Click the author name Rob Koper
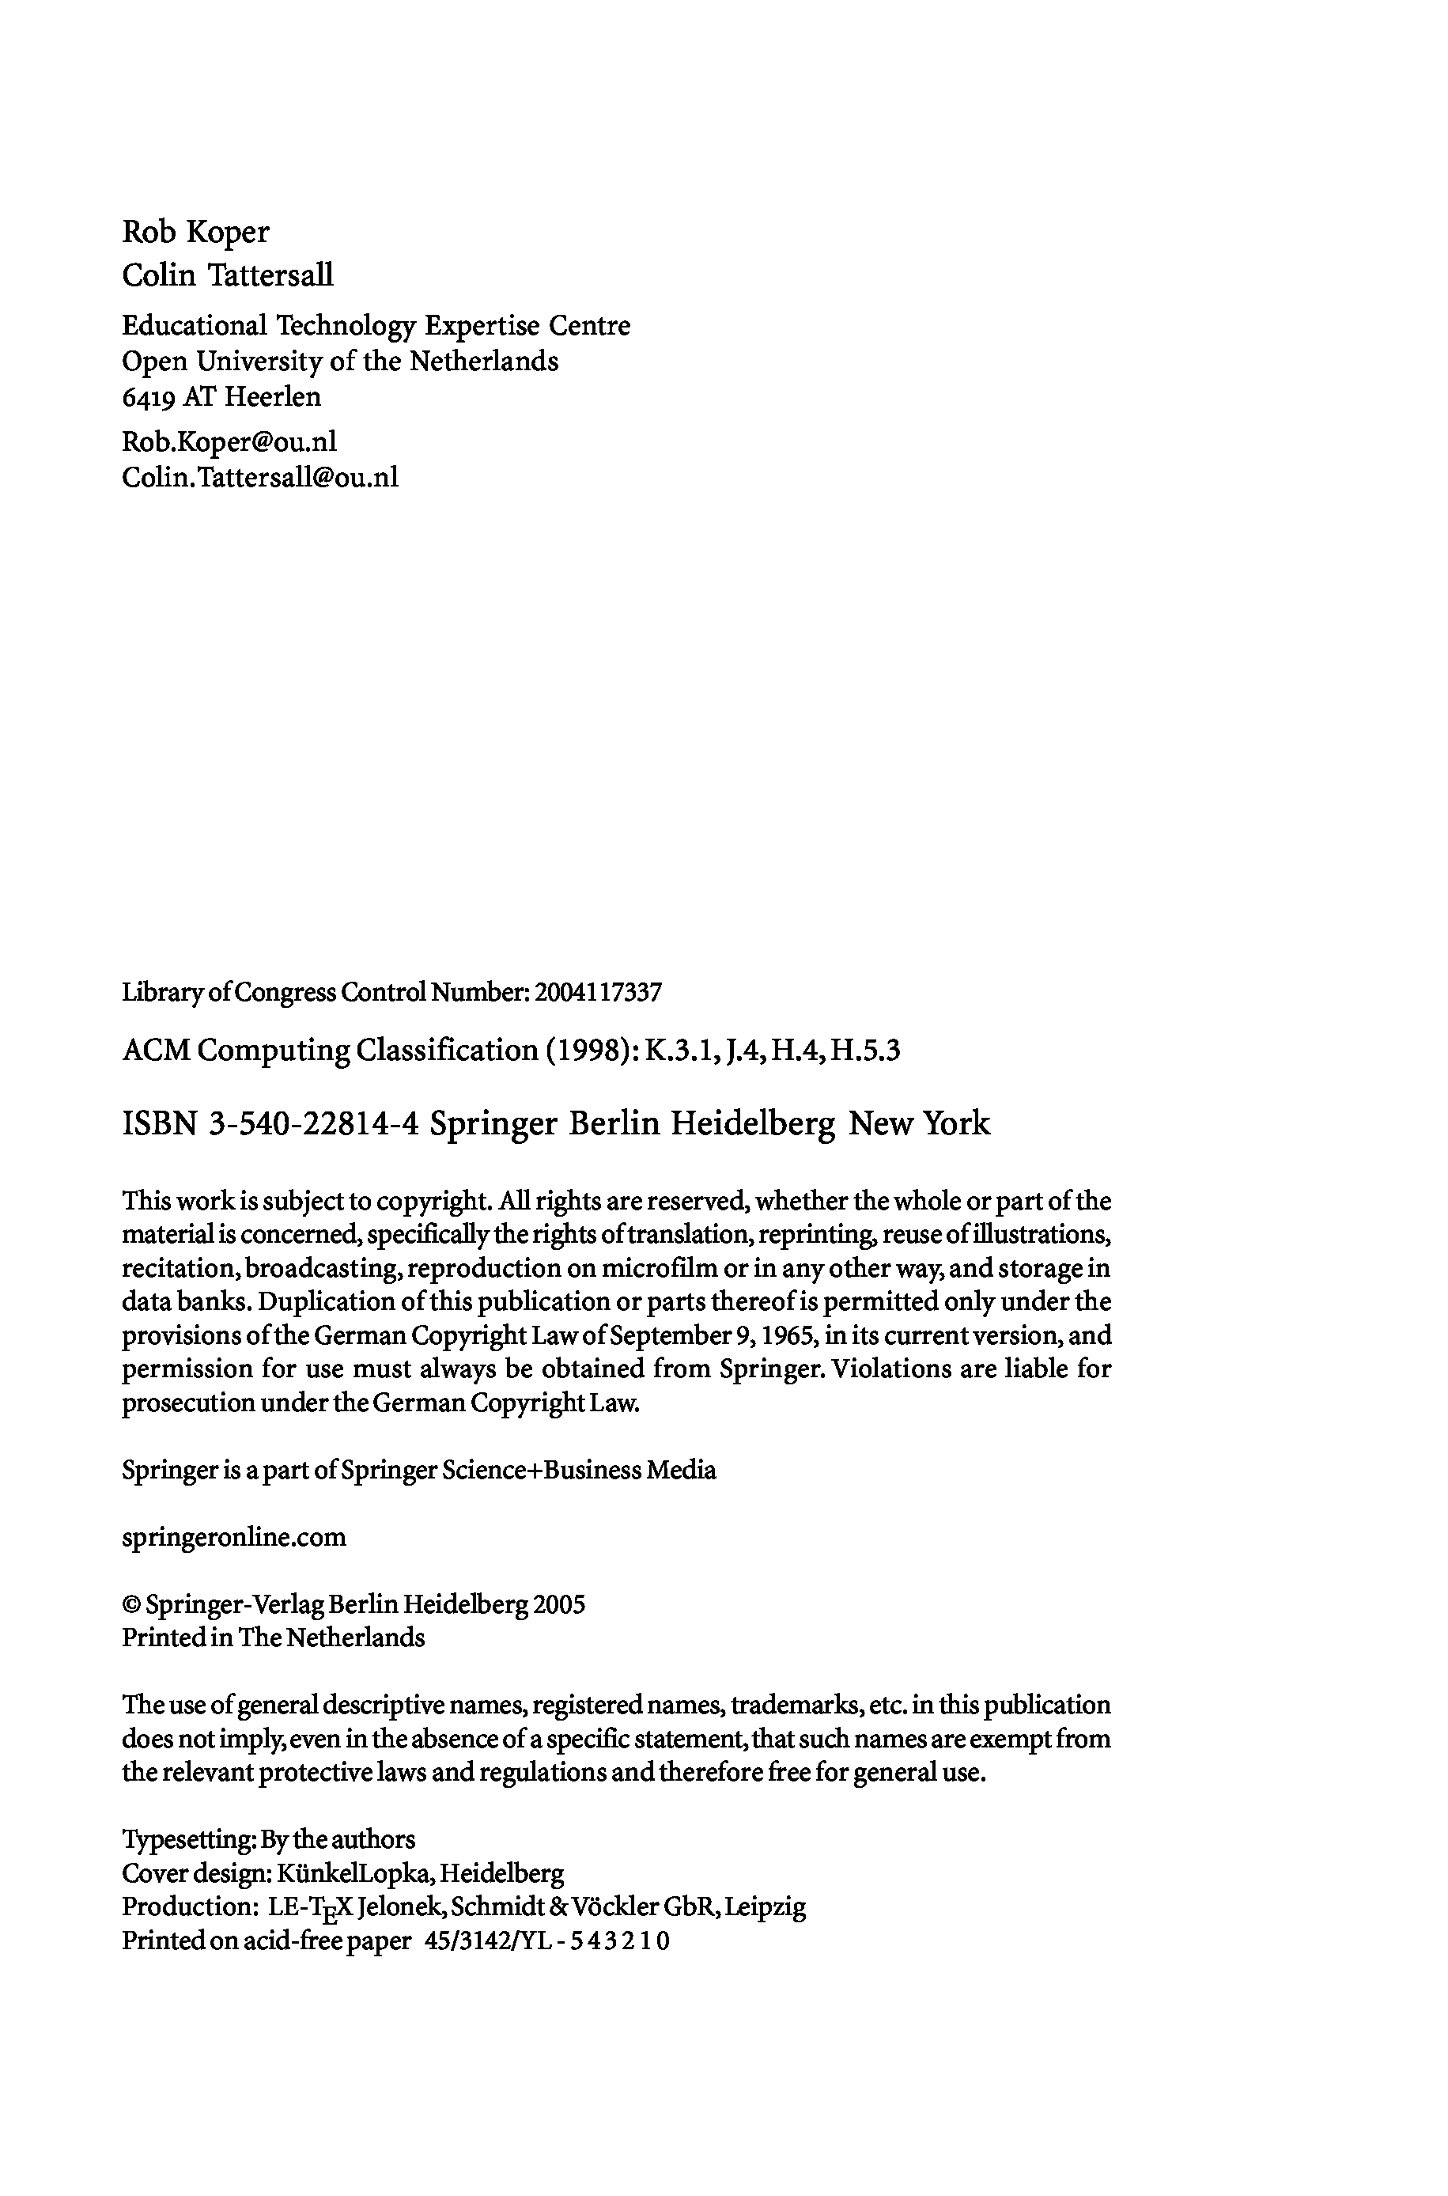(196, 232)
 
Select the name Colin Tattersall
(227, 275)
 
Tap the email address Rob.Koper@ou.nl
(229, 441)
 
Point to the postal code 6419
(148, 397)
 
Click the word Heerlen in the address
(274, 397)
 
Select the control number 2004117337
(599, 993)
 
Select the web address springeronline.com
(233, 1536)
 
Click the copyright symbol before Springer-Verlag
(131, 1605)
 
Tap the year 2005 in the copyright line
(558, 1604)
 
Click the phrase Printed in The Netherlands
(274, 1638)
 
